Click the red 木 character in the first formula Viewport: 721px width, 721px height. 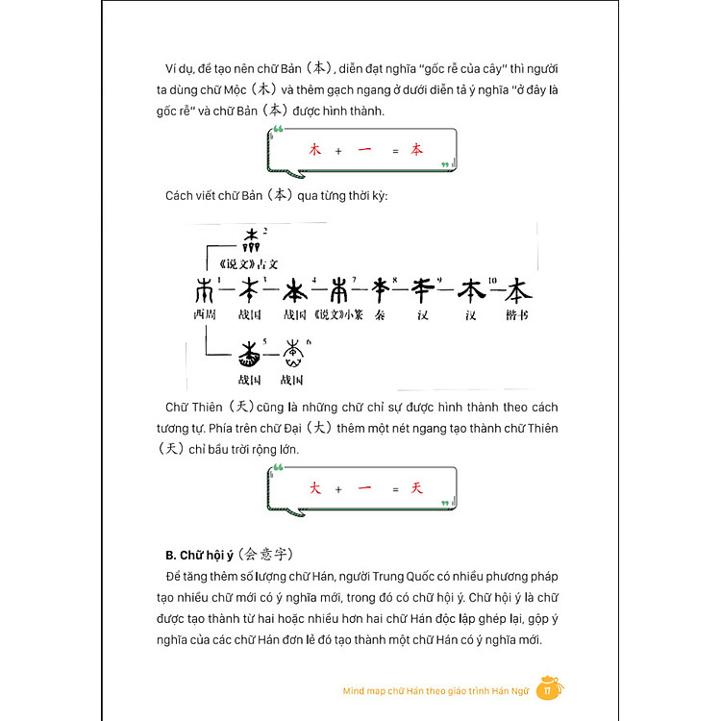coord(313,150)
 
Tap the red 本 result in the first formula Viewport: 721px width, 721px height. coord(416,150)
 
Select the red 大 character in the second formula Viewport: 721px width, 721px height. coord(313,489)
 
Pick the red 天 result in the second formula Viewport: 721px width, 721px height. coord(416,489)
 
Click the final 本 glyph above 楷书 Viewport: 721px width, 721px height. coord(517,288)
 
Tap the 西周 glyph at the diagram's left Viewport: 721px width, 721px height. coord(205,289)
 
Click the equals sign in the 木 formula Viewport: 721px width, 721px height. coord(394,151)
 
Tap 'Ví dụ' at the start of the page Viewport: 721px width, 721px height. coord(180,70)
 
